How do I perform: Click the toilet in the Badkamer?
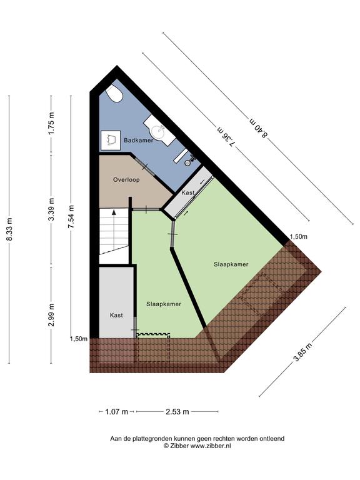coord(114,92)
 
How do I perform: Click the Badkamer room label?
coord(138,140)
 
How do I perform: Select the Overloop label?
coord(126,180)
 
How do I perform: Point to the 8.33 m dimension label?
coord(10,229)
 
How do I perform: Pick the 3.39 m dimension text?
coord(52,209)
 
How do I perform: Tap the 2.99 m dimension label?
coord(52,315)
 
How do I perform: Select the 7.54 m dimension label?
coord(71,216)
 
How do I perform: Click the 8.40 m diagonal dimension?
coord(259,128)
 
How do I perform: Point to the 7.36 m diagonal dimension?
coord(226,137)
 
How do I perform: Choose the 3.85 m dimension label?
coord(303,352)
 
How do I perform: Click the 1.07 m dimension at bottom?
coord(116,412)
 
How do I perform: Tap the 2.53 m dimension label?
coord(177,412)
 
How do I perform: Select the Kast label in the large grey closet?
coord(116,315)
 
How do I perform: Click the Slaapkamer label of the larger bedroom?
coord(231,264)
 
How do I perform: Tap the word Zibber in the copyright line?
coord(179,446)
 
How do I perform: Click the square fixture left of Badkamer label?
coord(110,140)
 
